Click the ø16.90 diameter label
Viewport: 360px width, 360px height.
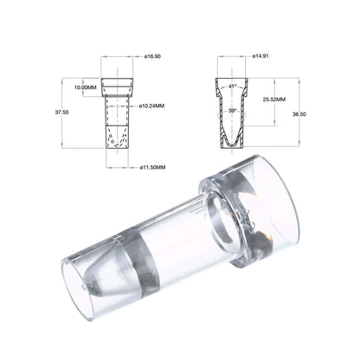pyautogui.click(x=151, y=56)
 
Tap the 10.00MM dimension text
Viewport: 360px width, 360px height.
pyautogui.click(x=85, y=87)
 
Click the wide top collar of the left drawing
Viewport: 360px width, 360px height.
pyautogui.click(x=118, y=87)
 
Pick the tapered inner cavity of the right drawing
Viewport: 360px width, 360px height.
pyautogui.click(x=231, y=121)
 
